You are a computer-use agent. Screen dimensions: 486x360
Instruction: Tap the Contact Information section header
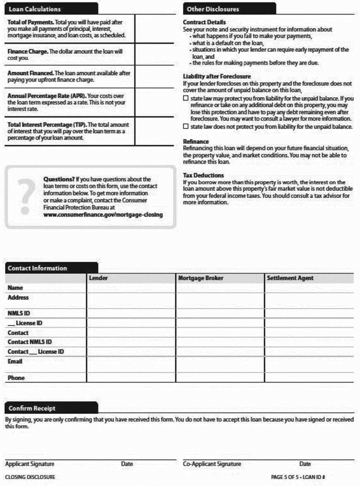coord(36,268)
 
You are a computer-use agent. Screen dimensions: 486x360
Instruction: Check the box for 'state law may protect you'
coord(186,98)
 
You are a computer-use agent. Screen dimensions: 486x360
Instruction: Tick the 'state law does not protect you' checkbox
coord(186,126)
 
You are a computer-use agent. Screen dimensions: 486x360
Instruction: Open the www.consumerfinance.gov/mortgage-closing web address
coord(103,214)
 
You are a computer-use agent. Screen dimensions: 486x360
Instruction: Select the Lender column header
coord(98,278)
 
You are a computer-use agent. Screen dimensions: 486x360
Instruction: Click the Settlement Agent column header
coord(290,278)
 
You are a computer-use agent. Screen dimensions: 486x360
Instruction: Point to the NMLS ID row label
coord(19,313)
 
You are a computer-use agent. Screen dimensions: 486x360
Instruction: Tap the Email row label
coord(15,361)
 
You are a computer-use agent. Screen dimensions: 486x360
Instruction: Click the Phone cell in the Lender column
coord(131,378)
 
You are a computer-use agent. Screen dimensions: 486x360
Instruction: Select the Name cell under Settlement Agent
coord(309,288)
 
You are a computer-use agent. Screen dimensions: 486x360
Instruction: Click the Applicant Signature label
coord(30,464)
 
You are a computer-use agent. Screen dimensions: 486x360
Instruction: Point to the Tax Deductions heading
coord(204,175)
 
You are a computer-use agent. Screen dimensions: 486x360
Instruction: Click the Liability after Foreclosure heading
coord(217,76)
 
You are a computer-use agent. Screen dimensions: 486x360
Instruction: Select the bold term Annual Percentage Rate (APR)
coord(46,95)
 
